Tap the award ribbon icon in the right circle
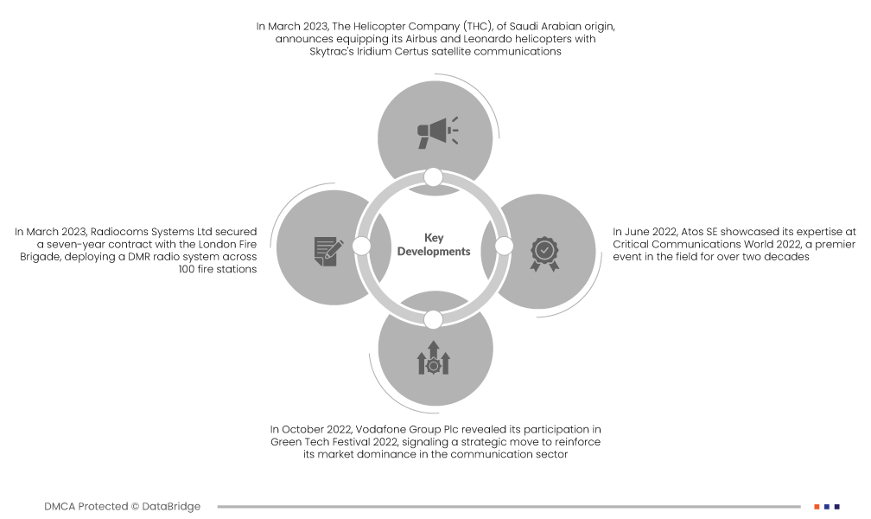[x=544, y=252]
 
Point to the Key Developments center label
[x=434, y=245]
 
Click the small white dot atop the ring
[x=434, y=177]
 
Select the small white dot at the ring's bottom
[x=434, y=319]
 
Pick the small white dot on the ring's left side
[x=362, y=247]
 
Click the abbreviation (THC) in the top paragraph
[x=473, y=27]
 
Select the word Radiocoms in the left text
[x=118, y=232]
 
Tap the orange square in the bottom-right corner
[x=817, y=506]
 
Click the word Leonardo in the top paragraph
[x=499, y=40]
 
